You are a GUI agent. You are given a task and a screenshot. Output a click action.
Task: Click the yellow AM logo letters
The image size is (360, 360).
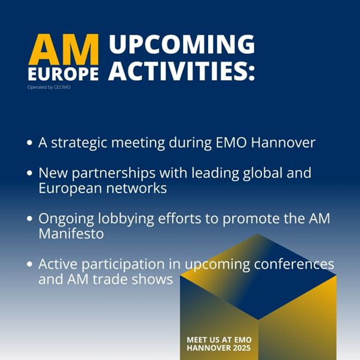click(x=63, y=49)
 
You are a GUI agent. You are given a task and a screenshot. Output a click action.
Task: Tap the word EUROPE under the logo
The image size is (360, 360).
click(x=63, y=74)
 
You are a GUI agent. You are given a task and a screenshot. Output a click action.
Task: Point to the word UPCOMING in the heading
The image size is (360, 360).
click(x=182, y=44)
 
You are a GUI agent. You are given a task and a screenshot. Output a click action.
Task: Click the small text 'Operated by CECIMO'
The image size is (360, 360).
click(x=49, y=87)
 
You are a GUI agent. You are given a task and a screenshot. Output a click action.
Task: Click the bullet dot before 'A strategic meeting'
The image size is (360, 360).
click(x=30, y=142)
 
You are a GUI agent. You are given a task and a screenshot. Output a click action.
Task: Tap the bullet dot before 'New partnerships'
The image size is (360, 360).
click(x=30, y=173)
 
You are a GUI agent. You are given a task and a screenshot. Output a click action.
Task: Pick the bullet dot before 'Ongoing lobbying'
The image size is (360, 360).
click(x=30, y=218)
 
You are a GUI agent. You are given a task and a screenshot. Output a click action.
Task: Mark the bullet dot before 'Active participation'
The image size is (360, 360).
click(x=30, y=264)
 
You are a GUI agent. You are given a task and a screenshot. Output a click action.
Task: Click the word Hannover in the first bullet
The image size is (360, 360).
click(x=283, y=142)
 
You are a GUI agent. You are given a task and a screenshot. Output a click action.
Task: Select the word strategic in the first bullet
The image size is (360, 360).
click(x=79, y=144)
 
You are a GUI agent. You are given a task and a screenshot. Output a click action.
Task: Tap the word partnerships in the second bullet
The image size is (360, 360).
click(x=114, y=173)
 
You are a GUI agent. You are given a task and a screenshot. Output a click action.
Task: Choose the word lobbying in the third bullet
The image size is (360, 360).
click(x=126, y=219)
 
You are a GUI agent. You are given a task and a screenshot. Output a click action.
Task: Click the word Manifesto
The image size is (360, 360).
click(x=71, y=233)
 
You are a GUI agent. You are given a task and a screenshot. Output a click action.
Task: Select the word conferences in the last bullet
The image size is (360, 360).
click(x=294, y=264)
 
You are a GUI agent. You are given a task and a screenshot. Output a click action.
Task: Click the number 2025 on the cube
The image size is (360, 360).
click(x=242, y=348)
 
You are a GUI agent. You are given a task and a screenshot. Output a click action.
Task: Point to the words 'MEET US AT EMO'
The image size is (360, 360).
click(x=219, y=340)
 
